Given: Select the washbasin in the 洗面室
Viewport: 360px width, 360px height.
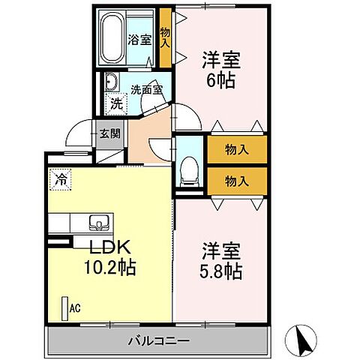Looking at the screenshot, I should (112, 83).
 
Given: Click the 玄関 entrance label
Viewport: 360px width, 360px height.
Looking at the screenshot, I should (109, 135).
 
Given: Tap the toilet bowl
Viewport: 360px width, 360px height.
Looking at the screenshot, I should (190, 169).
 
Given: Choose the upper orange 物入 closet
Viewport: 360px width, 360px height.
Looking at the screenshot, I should (237, 150).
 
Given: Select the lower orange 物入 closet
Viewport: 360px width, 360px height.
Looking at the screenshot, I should (237, 180).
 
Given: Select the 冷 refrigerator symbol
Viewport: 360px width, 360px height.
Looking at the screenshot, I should (59, 179).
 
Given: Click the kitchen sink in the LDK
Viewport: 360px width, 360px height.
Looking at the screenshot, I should (99, 222).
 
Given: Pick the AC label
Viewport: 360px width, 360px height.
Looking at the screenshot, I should (75, 307).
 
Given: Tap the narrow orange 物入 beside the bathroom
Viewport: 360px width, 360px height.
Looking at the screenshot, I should (166, 37).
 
